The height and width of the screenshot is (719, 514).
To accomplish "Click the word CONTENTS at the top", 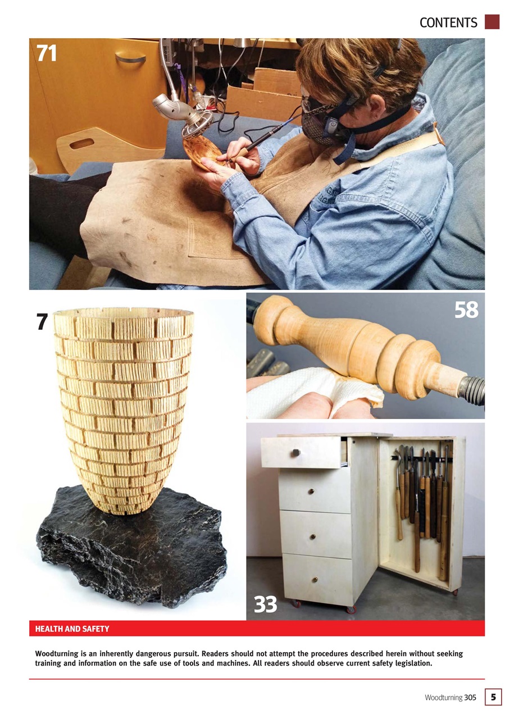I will tap(448, 22).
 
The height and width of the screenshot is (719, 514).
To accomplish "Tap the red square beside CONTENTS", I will tap(492, 21).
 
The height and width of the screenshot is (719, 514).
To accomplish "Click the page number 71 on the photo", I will tap(47, 53).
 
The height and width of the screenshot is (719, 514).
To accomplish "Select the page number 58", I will tap(466, 310).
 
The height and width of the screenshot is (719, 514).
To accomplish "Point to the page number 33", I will tap(265, 604).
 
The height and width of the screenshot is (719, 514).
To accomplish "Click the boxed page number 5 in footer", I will tap(493, 697).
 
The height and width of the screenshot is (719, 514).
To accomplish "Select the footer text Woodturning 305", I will tap(450, 698).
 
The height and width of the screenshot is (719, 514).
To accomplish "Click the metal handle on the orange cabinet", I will tap(130, 57).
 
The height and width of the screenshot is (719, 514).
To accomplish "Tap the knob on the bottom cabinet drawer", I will tap(315, 579).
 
